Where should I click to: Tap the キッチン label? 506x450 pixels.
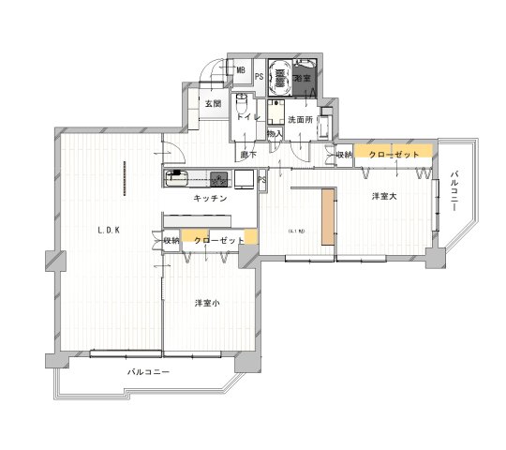[x=208, y=200]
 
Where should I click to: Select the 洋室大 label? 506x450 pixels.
[x=384, y=196]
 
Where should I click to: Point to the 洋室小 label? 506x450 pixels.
[x=208, y=303]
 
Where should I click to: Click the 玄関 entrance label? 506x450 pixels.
[x=213, y=103]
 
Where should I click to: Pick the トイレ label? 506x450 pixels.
[x=248, y=118]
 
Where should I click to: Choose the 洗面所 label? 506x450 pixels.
[x=300, y=120]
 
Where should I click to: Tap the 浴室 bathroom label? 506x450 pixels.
[x=303, y=79]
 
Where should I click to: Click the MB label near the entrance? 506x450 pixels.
[x=241, y=71]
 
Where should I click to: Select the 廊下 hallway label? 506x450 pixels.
[x=248, y=154]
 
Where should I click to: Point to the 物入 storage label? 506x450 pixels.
[x=275, y=134]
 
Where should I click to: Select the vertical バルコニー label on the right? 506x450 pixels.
[x=454, y=191]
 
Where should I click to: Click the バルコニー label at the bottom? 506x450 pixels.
[x=148, y=372]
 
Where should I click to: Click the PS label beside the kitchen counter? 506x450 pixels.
[x=261, y=178]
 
